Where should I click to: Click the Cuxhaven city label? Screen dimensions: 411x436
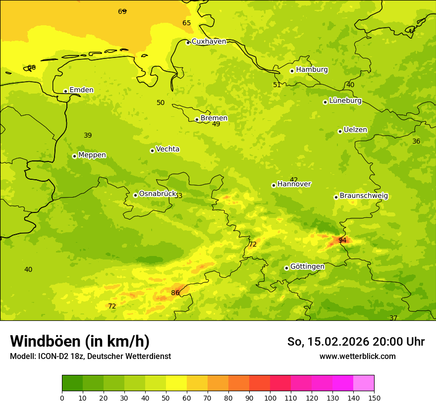point(209,42)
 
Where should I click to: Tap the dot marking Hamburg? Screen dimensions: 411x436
point(292,71)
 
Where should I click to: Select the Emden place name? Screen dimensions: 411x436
point(81,90)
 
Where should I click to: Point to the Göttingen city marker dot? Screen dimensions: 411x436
point(286,268)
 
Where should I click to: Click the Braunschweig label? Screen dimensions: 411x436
point(364,196)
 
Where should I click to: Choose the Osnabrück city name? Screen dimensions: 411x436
point(158,194)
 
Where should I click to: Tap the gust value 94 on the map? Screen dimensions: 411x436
point(342,241)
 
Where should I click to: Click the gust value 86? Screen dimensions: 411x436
point(175,293)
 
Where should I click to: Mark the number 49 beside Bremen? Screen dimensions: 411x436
point(216,124)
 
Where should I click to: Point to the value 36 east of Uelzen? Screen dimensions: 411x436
point(416,142)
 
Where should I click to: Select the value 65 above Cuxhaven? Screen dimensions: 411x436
point(186,23)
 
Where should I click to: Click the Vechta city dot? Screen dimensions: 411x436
point(152,151)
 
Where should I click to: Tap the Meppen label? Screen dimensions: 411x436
point(92,155)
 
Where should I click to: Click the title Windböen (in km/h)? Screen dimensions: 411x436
point(80,342)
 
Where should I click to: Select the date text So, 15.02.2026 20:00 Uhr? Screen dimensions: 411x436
point(356,342)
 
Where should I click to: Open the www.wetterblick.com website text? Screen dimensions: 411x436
point(357,357)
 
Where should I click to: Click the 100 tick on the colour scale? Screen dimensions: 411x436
point(270,398)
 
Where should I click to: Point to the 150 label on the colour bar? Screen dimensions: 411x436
point(374,398)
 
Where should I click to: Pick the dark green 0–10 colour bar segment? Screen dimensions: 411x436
point(72,383)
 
